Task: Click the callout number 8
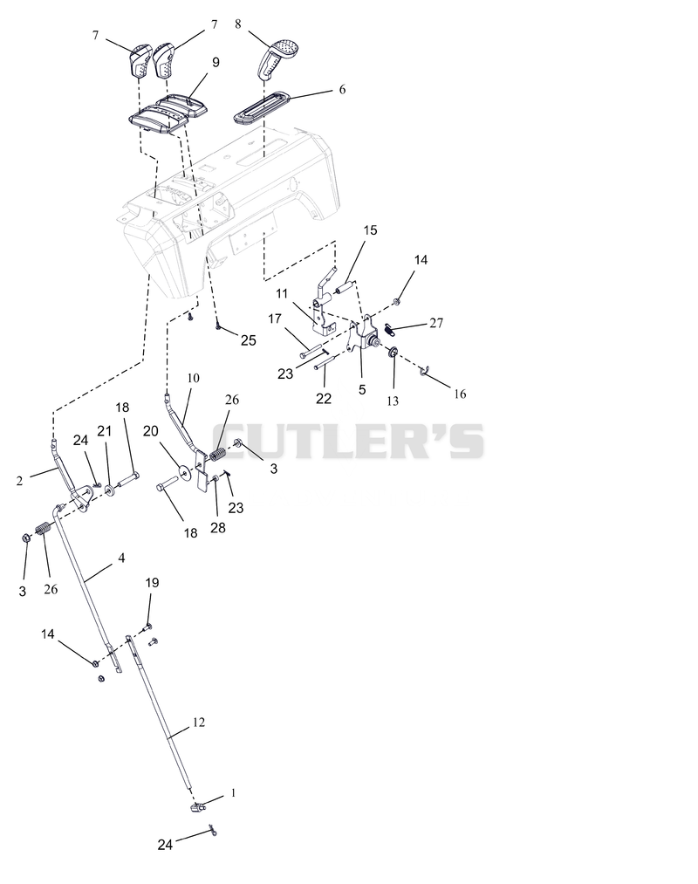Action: (x=238, y=24)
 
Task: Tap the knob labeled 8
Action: (x=277, y=58)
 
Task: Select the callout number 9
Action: (x=216, y=62)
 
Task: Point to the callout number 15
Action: (x=370, y=230)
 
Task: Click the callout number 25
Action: (x=248, y=340)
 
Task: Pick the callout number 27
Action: (x=436, y=323)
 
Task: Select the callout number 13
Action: (x=393, y=401)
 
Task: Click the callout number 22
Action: (x=324, y=399)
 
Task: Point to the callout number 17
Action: (x=275, y=319)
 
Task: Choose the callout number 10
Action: (x=193, y=378)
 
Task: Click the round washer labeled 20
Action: (x=184, y=470)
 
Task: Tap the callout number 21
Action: (x=104, y=431)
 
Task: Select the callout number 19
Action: (x=152, y=582)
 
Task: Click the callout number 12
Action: (x=198, y=723)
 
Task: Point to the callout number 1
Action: (x=234, y=793)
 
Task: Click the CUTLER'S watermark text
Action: (x=348, y=441)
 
